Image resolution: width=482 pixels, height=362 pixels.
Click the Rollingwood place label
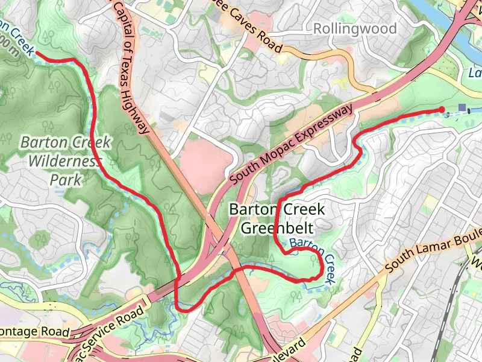(355, 29)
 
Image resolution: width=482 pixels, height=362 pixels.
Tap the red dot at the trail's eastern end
(442, 109)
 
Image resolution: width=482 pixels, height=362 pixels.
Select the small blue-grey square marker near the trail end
(462, 108)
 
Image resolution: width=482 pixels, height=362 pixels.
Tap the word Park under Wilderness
(64, 180)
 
